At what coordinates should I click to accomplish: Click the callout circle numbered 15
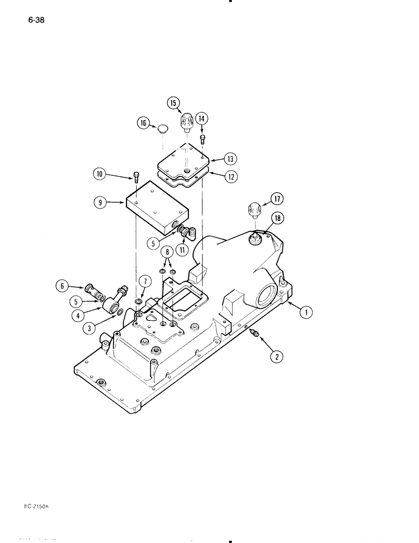click(x=173, y=103)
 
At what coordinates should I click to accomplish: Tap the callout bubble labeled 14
click(x=202, y=118)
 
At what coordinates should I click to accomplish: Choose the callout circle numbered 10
click(x=99, y=175)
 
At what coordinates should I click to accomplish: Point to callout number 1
click(x=306, y=312)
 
